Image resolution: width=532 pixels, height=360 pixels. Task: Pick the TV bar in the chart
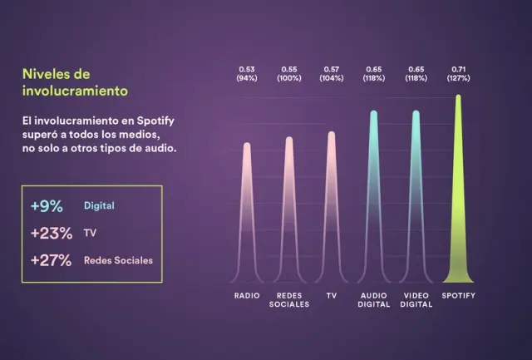[x=332, y=208]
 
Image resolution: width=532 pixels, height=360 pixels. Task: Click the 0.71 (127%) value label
[x=458, y=72]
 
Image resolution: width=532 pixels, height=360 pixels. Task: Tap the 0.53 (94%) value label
[x=247, y=72]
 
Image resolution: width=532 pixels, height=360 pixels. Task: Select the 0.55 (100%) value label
[x=289, y=72]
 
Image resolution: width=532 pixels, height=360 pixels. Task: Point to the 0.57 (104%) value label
[x=332, y=72]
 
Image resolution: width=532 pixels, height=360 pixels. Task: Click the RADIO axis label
[x=247, y=296]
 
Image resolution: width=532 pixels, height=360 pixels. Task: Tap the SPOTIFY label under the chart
[x=458, y=296]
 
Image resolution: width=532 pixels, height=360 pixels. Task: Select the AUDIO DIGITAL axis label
[x=374, y=300]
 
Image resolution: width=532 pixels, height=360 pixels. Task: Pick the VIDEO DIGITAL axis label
[x=416, y=300]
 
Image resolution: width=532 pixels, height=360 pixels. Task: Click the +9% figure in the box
[x=47, y=205]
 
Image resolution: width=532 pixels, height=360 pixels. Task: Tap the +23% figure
[x=50, y=233]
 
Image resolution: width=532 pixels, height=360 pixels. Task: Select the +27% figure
[x=50, y=260]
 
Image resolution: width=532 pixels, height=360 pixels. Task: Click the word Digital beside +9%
[x=99, y=205]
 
